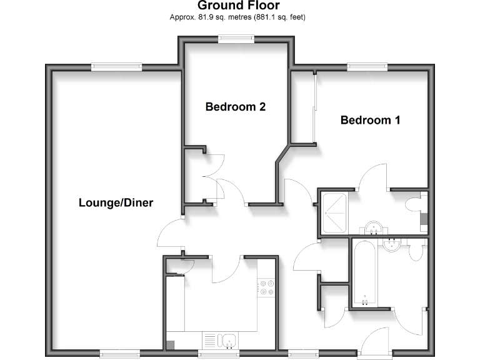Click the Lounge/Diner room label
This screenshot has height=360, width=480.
[x=116, y=202]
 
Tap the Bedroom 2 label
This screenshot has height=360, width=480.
[x=235, y=107]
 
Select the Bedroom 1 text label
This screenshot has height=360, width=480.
[x=370, y=120]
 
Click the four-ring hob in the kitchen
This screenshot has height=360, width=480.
[x=267, y=287]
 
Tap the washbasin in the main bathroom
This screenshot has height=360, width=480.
[x=392, y=244]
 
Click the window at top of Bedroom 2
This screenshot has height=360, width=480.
[x=236, y=39]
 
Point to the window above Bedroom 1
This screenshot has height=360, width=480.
[x=366, y=65]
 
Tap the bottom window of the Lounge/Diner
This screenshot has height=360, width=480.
[x=118, y=354]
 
